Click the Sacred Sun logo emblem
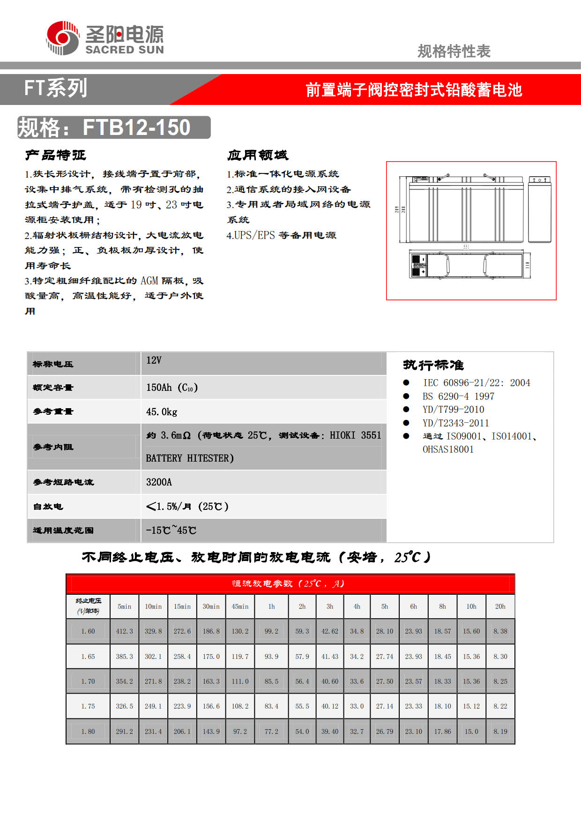[x=63, y=37]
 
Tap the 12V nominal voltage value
[x=154, y=360]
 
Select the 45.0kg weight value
[x=162, y=412]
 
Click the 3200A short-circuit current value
[x=159, y=482]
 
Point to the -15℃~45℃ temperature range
[x=171, y=530]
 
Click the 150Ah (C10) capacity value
[x=171, y=388]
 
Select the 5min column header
[x=124, y=606]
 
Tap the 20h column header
[x=500, y=606]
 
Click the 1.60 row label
[x=88, y=631]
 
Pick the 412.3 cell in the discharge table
[x=124, y=631]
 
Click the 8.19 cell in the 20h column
[x=500, y=731]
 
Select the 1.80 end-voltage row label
[x=88, y=731]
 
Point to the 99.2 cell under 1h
[x=271, y=631]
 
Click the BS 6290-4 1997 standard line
[x=458, y=396]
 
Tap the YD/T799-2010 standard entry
[x=453, y=410]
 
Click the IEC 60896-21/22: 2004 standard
[x=476, y=383]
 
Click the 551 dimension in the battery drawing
[x=466, y=247]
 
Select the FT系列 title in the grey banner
[x=55, y=88]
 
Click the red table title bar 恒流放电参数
[x=290, y=584]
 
